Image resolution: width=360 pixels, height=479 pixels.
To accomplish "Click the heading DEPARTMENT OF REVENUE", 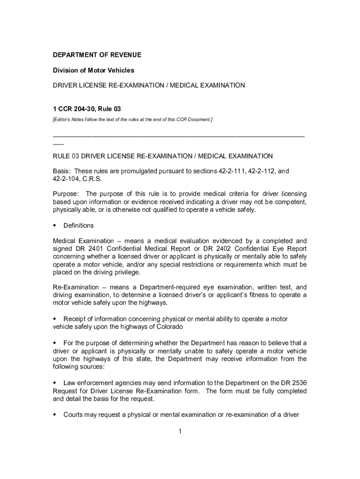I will tap(97, 55).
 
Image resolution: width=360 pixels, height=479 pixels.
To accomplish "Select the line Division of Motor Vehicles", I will tap(93, 70).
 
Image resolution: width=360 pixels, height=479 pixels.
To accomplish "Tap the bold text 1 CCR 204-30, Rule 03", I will tap(83, 109).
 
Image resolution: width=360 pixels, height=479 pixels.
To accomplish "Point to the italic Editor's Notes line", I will tap(132, 120).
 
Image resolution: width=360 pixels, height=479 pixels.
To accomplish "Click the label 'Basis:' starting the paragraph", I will tap(62, 171).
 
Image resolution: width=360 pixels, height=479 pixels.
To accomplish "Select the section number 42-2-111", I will tap(232, 171).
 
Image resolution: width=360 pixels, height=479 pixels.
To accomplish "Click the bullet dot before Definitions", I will tap(55, 226).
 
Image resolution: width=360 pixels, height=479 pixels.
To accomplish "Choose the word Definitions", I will tap(79, 225).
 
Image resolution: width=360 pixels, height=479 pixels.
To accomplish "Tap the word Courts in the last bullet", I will tap(74, 414).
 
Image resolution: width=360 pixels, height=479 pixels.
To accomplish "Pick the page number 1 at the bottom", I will tap(180, 431).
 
